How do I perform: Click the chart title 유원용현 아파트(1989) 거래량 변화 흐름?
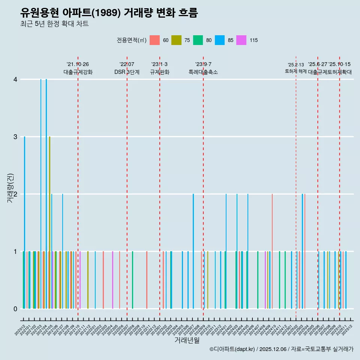tap(109, 13)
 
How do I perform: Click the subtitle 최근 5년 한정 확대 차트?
tap(54, 24)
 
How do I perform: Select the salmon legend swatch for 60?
tap(154, 40)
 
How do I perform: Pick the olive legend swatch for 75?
tap(176, 40)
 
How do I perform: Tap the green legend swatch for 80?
tap(198, 40)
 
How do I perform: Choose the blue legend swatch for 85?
tap(220, 40)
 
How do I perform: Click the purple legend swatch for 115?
tap(241, 40)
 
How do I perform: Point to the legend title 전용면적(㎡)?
tap(131, 40)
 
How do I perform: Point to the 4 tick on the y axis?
tap(15, 79)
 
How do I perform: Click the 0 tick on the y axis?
tap(15, 309)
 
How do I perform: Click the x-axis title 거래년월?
tap(187, 340)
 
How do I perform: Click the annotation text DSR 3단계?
tap(127, 72)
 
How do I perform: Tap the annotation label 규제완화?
tap(159, 72)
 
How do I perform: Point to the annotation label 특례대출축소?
tap(203, 72)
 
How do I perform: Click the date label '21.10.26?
tap(78, 64)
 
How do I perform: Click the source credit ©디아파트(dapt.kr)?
tap(232, 349)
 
